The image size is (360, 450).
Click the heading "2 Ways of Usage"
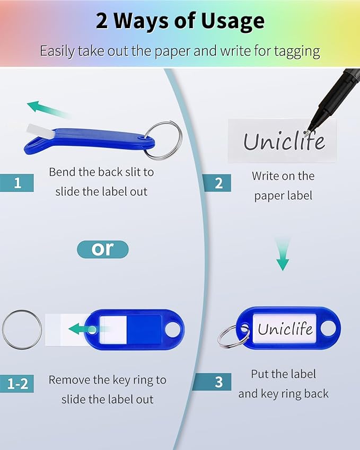[180, 22]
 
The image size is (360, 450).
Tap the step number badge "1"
[17, 183]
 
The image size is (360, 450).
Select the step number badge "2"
[218, 183]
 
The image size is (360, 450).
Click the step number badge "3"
[218, 382]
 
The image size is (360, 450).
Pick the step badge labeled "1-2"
[17, 383]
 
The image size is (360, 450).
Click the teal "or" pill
[103, 249]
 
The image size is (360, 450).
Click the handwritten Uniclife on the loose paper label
[283, 141]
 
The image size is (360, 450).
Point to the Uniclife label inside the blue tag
[285, 329]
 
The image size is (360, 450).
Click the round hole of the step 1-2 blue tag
[173, 329]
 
